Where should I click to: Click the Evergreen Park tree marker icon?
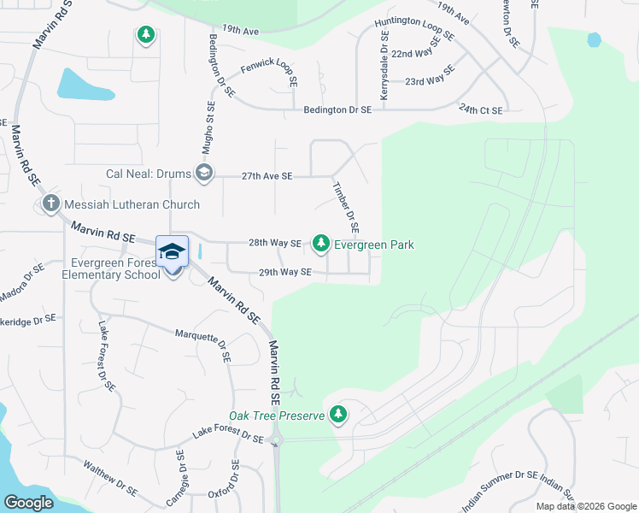[321, 245]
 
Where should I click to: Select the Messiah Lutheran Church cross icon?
[50, 204]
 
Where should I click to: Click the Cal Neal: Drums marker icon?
[203, 174]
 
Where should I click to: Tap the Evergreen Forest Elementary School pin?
[172, 253]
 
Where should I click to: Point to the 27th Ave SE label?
[267, 176]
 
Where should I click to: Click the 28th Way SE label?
[274, 244]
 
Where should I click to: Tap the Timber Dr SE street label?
[344, 206]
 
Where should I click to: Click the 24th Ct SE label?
[481, 109]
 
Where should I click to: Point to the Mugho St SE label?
[207, 128]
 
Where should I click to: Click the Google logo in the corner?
[29, 503]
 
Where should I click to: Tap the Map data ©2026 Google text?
[586, 506]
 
